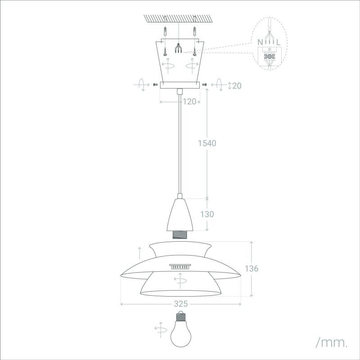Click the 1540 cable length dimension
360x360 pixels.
pyautogui.click(x=207, y=143)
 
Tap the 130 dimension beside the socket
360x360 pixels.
pyautogui.click(x=207, y=214)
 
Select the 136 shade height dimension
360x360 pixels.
pyautogui.click(x=252, y=268)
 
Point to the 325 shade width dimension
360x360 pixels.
pyautogui.click(x=181, y=304)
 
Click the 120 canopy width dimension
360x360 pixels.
pyautogui.click(x=189, y=102)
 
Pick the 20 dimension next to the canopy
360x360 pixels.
pyautogui.click(x=237, y=85)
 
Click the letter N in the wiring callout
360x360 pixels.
pyautogui.click(x=260, y=42)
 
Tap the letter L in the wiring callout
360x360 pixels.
pyautogui.click(x=278, y=42)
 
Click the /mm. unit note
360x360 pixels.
pyautogui.click(x=332, y=342)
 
